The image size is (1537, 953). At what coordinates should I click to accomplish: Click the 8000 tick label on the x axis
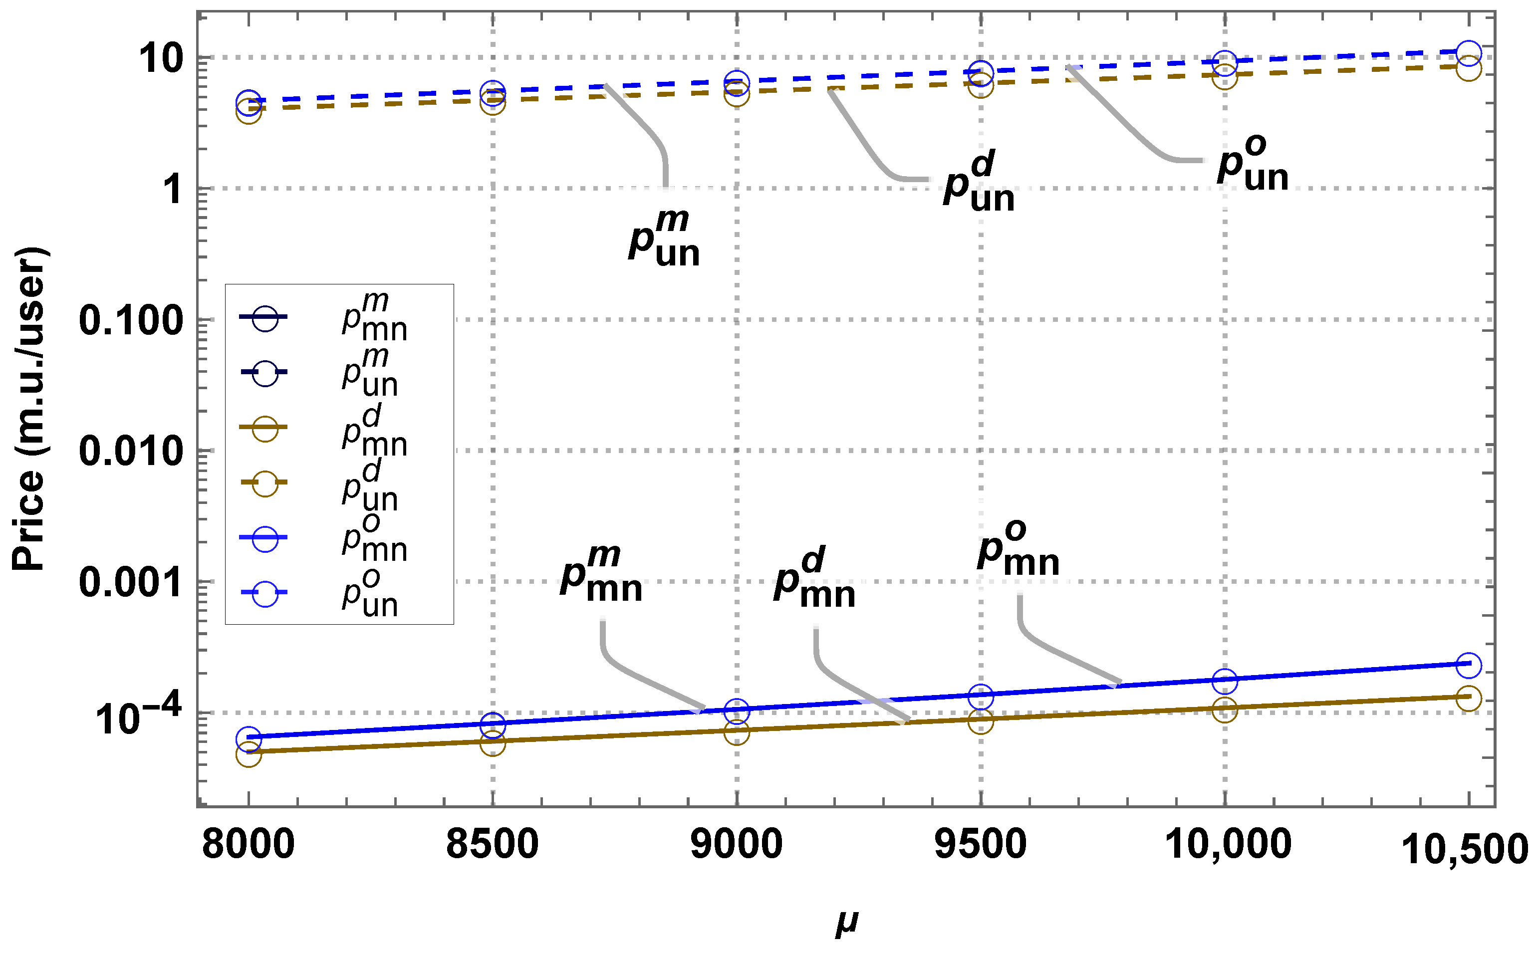pos(249,845)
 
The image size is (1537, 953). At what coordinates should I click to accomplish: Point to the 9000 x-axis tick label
pos(736,845)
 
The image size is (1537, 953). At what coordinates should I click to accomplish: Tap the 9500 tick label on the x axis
pos(980,845)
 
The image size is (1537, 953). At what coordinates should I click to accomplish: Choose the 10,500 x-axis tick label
pos(1465,849)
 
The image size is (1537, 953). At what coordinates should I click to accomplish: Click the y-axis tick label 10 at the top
pos(161,60)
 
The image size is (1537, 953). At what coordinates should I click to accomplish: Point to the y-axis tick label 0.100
pos(131,320)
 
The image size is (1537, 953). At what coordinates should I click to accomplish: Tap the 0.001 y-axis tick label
pos(131,582)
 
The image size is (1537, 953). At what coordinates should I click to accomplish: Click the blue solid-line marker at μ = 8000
pos(249,739)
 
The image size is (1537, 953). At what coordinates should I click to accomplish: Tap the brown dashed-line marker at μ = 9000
pos(737,94)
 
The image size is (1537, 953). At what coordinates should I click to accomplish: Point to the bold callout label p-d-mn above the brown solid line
pos(815,579)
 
